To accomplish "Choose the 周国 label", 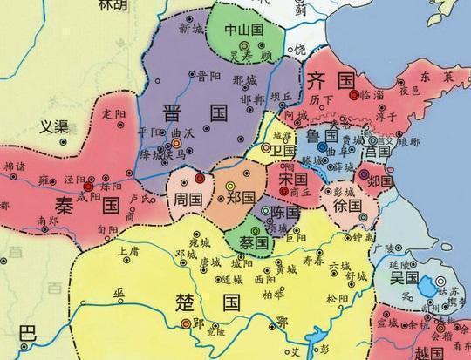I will click(187, 200).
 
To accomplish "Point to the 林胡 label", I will click(110, 5).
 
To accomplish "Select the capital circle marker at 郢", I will click(186, 323).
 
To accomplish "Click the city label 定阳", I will click(114, 113).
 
